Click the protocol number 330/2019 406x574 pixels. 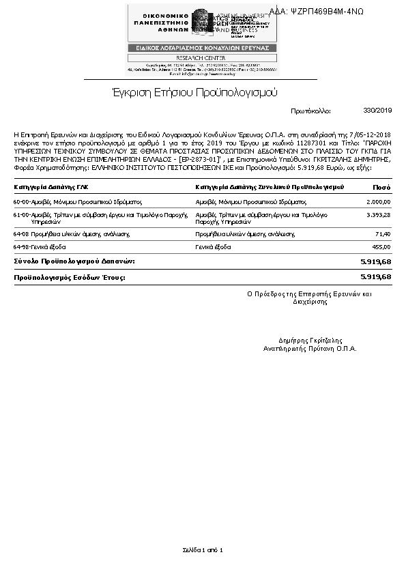[x=378, y=110]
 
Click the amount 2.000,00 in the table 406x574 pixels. [x=378, y=202]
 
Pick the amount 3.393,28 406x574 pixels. [x=378, y=215]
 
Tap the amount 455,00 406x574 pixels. [x=381, y=246]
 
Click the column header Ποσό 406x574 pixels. [x=381, y=187]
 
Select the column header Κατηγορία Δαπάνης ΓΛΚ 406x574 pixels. [x=51, y=187]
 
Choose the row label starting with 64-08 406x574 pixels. [x=72, y=234]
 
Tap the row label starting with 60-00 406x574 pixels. [x=77, y=202]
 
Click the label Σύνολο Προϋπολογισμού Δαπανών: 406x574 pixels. [x=74, y=261]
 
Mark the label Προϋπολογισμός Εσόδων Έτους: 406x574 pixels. [x=70, y=277]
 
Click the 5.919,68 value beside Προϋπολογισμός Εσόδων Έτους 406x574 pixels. [x=375, y=277]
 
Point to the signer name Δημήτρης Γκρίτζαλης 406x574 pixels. [x=310, y=340]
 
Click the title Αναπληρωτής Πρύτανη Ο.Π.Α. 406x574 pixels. [x=310, y=348]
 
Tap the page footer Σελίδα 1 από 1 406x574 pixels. [x=203, y=549]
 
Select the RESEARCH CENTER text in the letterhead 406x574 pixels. [x=203, y=58]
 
